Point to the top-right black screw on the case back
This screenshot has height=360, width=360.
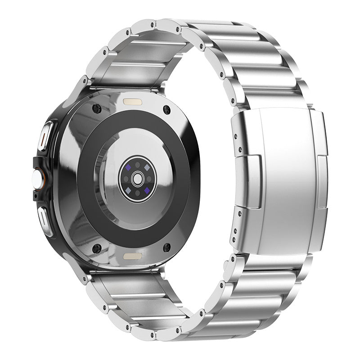click(x=167, y=109)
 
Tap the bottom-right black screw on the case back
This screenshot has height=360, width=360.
click(x=167, y=247)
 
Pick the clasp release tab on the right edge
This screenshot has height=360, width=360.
click(x=323, y=182)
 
